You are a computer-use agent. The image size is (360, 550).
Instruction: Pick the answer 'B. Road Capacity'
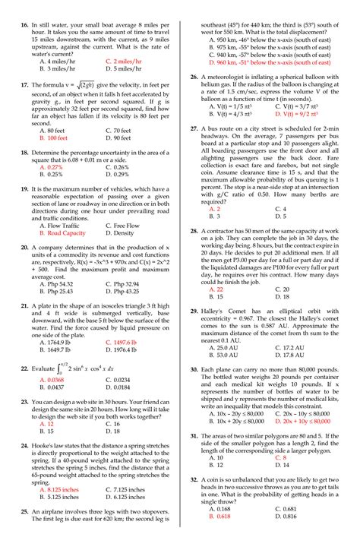[x=62, y=234]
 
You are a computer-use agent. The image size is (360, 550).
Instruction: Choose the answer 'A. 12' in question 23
[x=46, y=423]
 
